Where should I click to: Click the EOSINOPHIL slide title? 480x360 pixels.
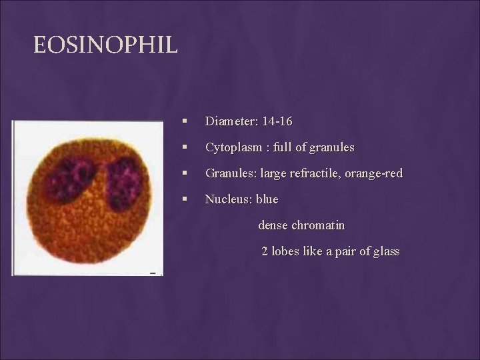click(x=106, y=45)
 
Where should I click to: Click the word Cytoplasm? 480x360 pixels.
click(x=233, y=147)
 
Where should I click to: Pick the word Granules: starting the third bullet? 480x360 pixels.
click(x=231, y=173)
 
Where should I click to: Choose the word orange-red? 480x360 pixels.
click(x=375, y=173)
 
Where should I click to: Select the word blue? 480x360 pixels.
click(x=267, y=199)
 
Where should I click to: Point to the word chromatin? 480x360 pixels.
click(x=319, y=225)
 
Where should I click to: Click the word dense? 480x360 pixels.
click(x=273, y=225)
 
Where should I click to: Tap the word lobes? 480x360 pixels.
click(x=285, y=251)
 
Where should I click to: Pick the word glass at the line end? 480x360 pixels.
click(x=385, y=251)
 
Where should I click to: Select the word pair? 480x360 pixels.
click(x=345, y=251)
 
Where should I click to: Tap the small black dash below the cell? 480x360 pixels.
click(x=153, y=273)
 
